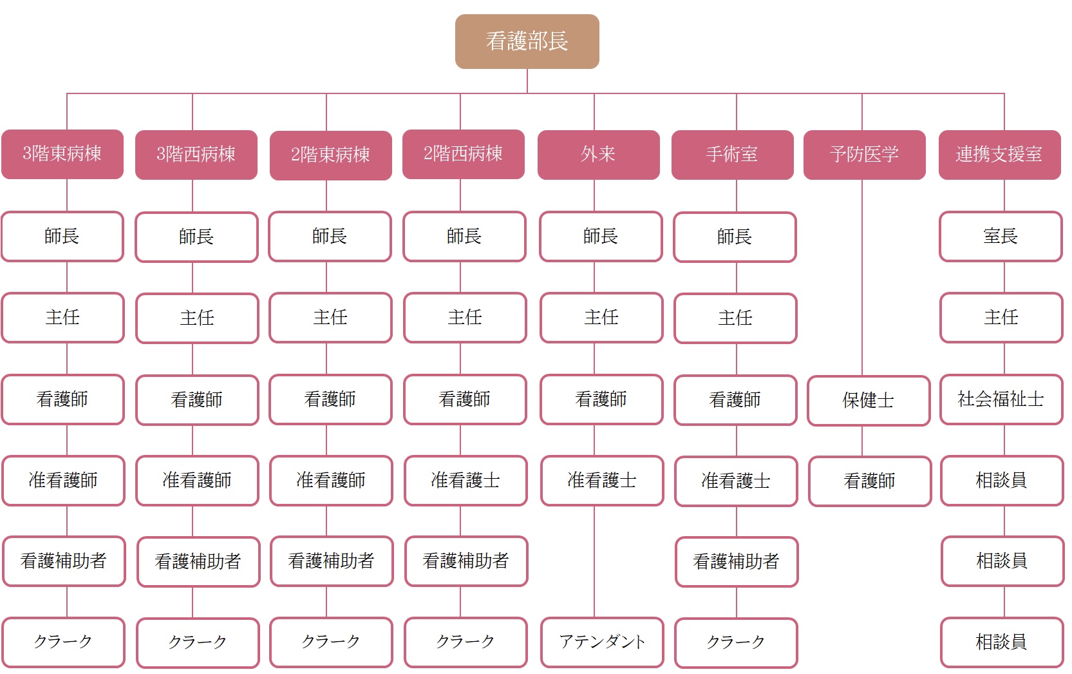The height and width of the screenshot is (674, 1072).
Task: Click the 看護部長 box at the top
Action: pyautogui.click(x=527, y=41)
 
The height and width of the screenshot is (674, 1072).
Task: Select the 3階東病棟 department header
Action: pyautogui.click(x=62, y=154)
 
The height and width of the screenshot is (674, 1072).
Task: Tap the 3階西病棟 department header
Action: pyautogui.click(x=196, y=155)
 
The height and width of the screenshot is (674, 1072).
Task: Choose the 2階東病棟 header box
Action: pyautogui.click(x=331, y=155)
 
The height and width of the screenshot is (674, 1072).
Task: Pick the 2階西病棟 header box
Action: pyautogui.click(x=464, y=154)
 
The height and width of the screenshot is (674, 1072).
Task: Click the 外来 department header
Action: pyautogui.click(x=599, y=155)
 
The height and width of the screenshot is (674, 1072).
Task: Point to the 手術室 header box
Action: pyautogui.click(x=733, y=155)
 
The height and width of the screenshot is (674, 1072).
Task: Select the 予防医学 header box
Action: pyautogui.click(x=864, y=155)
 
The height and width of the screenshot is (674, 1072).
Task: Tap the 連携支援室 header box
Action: pyautogui.click(x=1000, y=155)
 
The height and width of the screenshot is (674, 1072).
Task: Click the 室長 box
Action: pyautogui.click(x=1001, y=236)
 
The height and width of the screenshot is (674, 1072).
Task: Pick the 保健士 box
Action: pyautogui.click(x=869, y=401)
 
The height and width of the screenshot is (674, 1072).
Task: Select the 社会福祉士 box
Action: pyautogui.click(x=1002, y=400)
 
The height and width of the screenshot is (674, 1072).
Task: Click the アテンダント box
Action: pyautogui.click(x=602, y=642)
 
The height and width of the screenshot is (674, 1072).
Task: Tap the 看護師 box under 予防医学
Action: pyautogui.click(x=870, y=481)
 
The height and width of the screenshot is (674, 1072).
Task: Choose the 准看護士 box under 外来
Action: pyautogui.click(x=602, y=481)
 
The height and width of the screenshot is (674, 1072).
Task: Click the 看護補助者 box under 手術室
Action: pyautogui.click(x=737, y=561)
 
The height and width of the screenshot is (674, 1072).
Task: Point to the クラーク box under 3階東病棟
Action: pyautogui.click(x=63, y=642)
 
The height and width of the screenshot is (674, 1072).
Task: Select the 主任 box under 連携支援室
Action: pyautogui.click(x=1002, y=318)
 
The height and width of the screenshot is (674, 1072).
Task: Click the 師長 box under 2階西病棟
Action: pyautogui.click(x=464, y=236)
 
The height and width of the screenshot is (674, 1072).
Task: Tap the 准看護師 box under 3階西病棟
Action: pyautogui.click(x=197, y=481)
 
